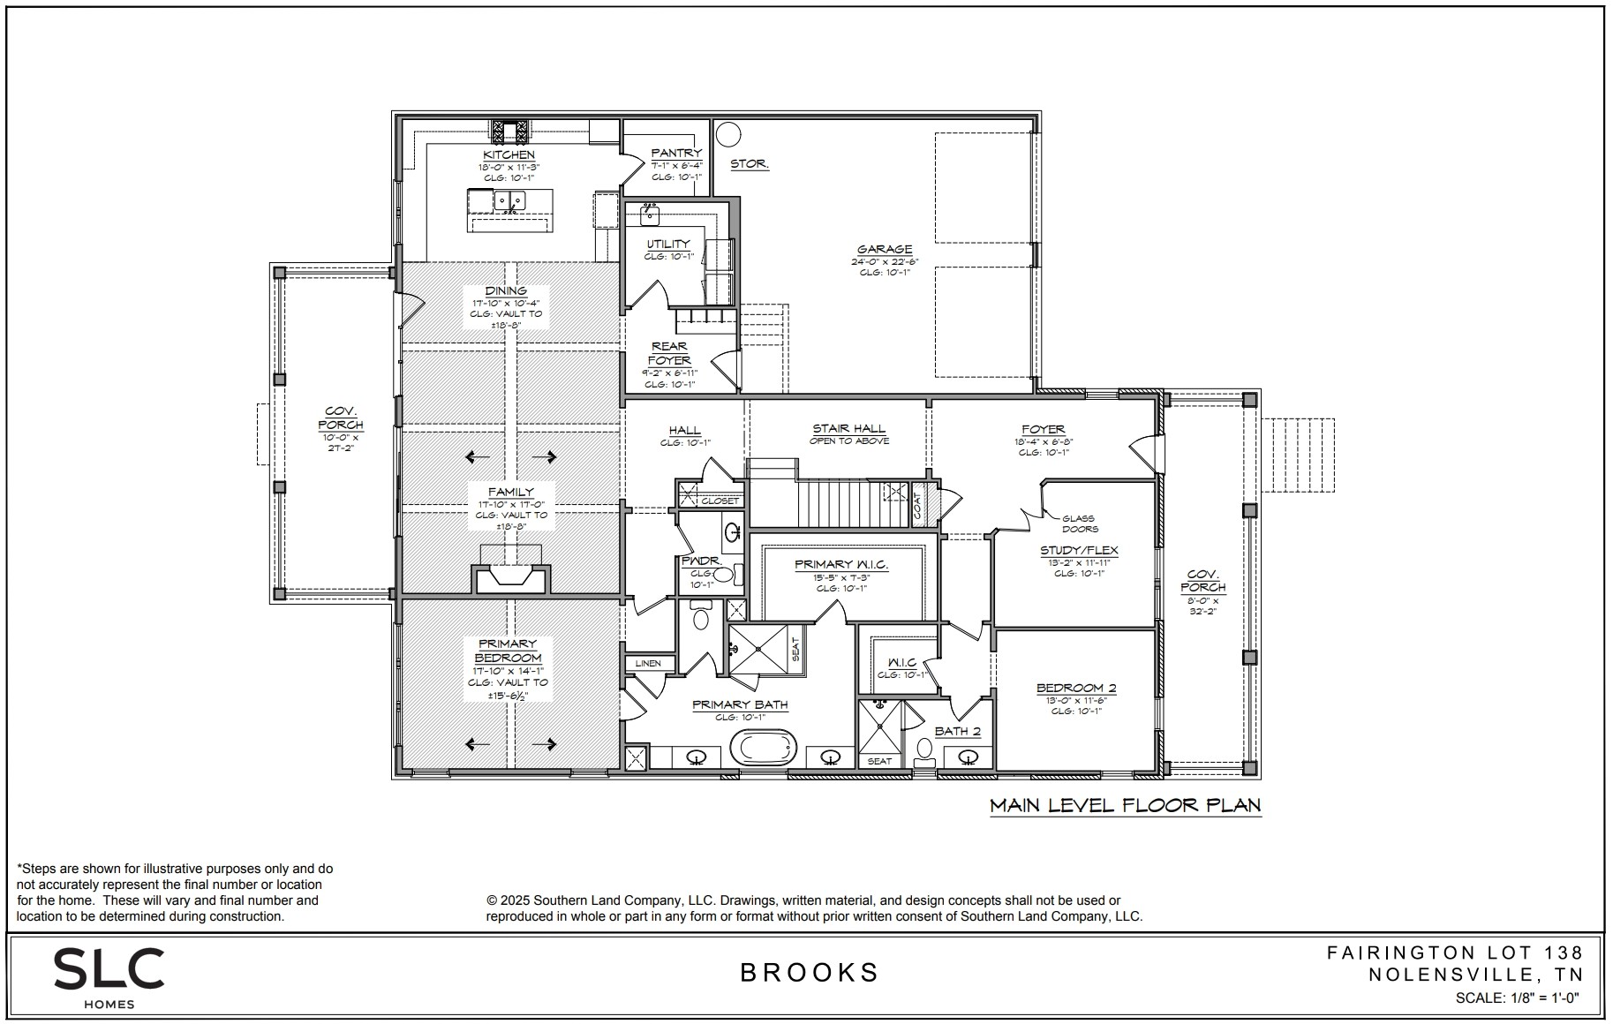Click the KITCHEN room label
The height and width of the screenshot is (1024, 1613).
(509, 154)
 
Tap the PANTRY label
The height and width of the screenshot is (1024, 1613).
(676, 154)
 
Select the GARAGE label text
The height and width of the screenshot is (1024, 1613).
(884, 250)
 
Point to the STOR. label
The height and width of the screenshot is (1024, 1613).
(749, 164)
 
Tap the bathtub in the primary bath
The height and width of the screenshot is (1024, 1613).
(764, 749)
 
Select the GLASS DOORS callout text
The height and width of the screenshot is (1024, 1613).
(1079, 524)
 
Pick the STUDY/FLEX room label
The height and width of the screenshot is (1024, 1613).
(1079, 550)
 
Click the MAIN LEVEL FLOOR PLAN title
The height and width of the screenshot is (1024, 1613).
(1125, 805)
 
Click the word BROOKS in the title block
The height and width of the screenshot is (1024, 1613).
(809, 973)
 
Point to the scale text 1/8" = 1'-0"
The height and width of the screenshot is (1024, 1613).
(1517, 998)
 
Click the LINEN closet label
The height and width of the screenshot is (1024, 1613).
(648, 663)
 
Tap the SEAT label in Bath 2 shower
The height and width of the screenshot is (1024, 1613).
(879, 761)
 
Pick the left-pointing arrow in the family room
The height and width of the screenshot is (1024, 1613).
(478, 456)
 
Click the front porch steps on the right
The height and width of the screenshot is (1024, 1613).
(1297, 455)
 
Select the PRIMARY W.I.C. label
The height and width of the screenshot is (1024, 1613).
(840, 565)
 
